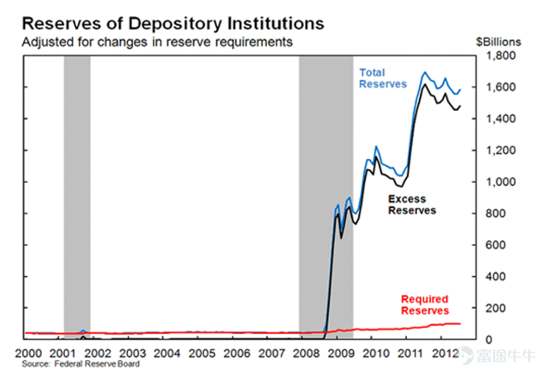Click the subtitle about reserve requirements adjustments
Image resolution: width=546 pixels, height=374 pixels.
pos(157,42)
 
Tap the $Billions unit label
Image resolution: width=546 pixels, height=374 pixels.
pos(498,42)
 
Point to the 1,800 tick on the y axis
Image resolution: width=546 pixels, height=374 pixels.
pos(500,56)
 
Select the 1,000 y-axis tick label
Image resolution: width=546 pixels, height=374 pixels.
pos(500,182)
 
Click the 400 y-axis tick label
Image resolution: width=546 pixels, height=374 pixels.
pos(495,276)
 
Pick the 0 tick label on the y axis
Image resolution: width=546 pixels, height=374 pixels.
pos(489,340)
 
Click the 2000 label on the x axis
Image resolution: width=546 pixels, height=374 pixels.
pos(28,353)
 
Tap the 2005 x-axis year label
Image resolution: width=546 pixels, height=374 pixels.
pos(202,353)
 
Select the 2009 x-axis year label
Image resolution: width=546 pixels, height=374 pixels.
pos(341,353)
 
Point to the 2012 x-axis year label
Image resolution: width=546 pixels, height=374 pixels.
pos(445,353)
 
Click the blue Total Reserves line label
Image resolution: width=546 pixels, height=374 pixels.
pos(383,78)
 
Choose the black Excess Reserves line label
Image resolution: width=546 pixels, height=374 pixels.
pos(412,205)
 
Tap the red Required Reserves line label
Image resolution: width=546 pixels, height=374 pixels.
pos(425,305)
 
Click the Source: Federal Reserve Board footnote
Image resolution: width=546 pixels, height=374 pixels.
pos(81,364)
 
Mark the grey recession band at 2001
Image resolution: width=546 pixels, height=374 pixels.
pos(77,197)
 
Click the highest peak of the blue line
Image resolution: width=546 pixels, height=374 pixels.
pos(425,72)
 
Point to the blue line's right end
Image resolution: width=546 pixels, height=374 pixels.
pos(460,90)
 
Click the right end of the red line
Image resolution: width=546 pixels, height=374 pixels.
pos(460,323)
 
